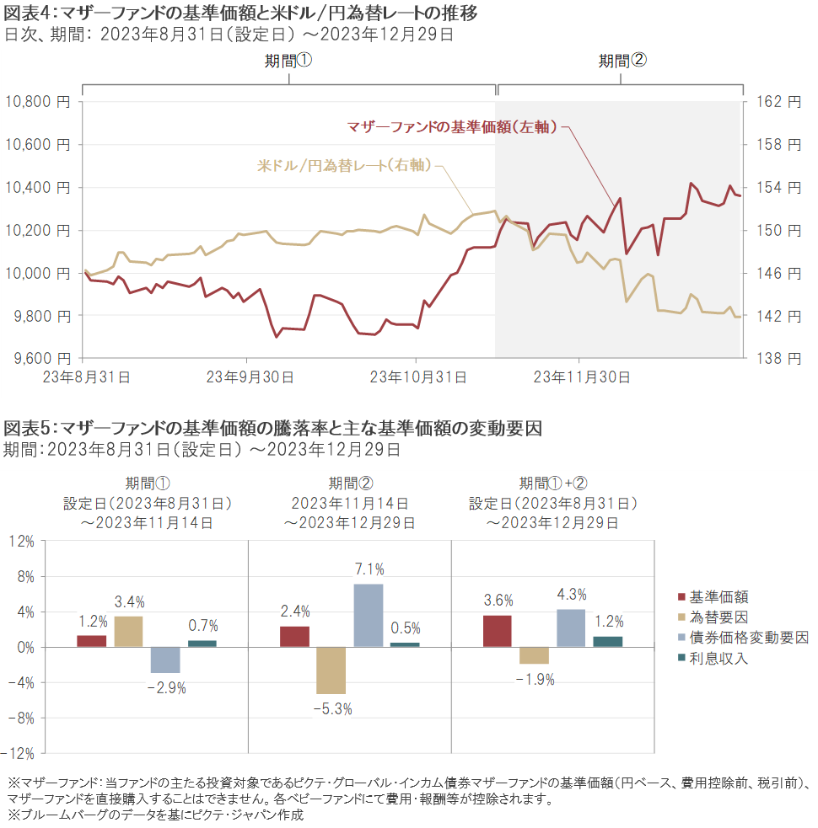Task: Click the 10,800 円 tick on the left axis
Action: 38,102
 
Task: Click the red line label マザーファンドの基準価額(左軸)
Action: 453,127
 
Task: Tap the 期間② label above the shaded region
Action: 622,61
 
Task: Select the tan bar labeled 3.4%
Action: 128,632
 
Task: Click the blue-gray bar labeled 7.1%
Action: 368,615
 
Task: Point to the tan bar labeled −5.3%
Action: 331,670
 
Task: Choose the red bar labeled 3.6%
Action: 498,631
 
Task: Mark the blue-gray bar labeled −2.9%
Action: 164,660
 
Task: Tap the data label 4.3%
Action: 571,595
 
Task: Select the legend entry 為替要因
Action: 718,617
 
